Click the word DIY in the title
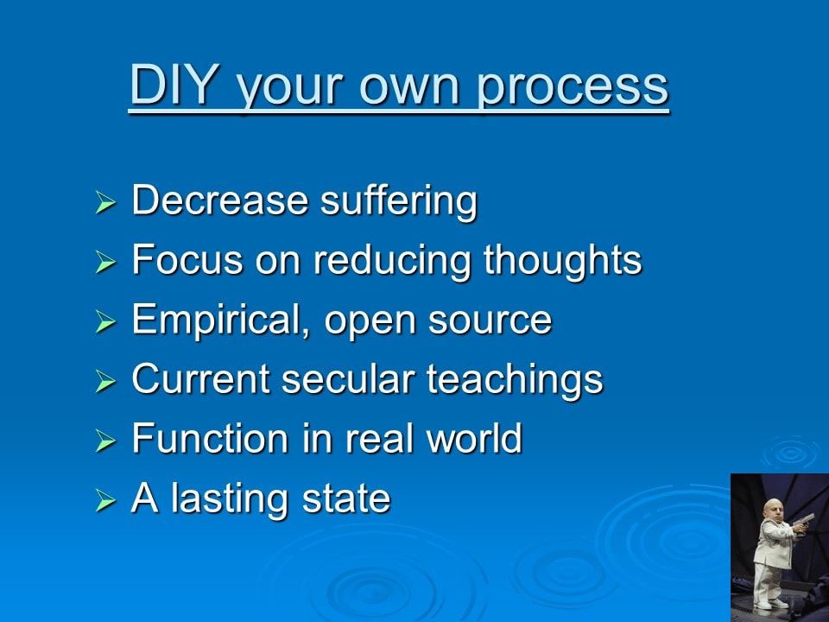point(174,84)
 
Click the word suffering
point(399,201)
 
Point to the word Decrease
point(219,200)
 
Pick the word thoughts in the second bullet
point(562,260)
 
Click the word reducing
point(391,261)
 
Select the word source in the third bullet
point(490,321)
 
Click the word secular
point(348,379)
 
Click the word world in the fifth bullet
point(474,439)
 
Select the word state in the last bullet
point(345,499)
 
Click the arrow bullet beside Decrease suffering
point(105,202)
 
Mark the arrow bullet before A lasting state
point(105,500)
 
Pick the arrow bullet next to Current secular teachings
point(105,381)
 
